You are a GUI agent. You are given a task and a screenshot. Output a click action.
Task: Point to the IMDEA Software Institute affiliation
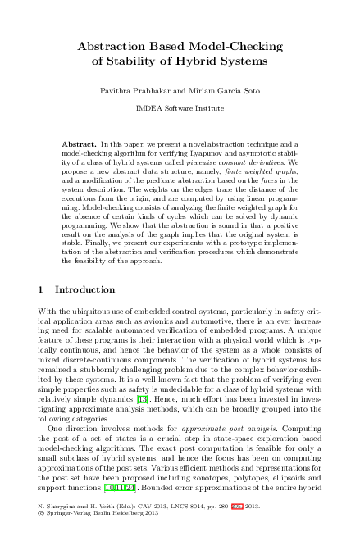180,107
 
